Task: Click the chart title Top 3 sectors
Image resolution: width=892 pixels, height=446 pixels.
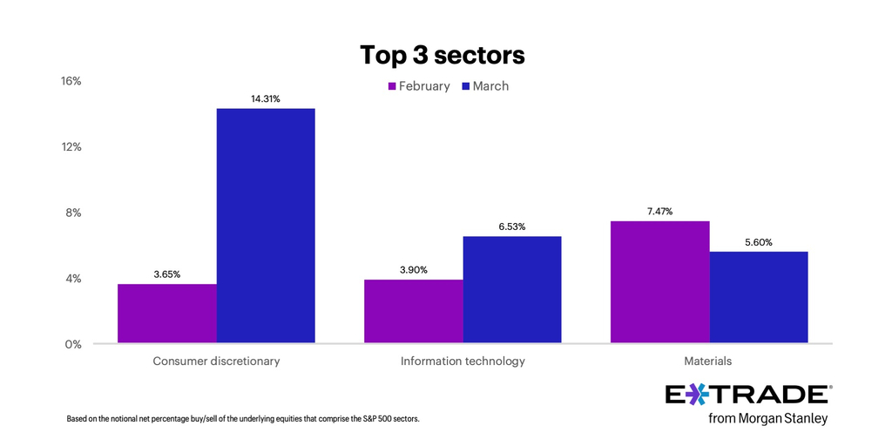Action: tap(443, 55)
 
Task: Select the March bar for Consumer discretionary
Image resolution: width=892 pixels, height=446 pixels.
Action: tap(266, 226)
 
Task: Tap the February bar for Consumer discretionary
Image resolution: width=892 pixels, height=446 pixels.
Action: tap(167, 314)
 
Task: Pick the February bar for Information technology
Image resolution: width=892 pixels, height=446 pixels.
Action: tap(414, 311)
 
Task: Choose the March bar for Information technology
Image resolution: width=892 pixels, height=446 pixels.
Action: tap(512, 290)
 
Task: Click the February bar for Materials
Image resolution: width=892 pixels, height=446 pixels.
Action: tap(659, 282)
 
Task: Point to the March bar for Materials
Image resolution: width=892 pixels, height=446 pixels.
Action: tap(759, 297)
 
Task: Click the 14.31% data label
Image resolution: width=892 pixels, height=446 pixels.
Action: tap(266, 98)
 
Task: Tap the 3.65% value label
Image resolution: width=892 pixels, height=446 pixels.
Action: tap(167, 274)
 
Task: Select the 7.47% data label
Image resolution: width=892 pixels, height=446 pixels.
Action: tap(659, 211)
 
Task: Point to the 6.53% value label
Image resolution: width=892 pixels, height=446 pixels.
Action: tap(512, 226)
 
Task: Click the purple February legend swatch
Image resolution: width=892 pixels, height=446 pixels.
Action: tap(392, 86)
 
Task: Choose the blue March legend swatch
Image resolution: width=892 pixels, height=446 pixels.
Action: tap(466, 86)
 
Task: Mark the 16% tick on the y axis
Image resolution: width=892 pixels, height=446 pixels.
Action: tap(71, 81)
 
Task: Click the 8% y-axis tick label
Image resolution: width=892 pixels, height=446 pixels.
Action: tap(73, 213)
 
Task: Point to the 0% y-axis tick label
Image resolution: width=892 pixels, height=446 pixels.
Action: tap(73, 344)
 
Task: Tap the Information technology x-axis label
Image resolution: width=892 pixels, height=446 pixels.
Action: tap(463, 361)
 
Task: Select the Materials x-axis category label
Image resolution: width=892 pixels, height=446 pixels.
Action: tap(708, 361)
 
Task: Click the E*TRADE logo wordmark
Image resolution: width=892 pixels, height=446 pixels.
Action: tap(747, 395)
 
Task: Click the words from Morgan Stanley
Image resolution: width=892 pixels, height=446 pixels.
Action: tap(767, 419)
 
